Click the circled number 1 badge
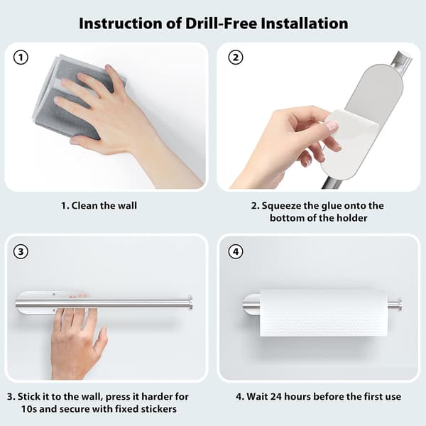click(x=21, y=58)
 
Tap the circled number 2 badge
click(x=236, y=58)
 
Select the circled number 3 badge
click(x=21, y=251)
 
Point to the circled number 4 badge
click(x=236, y=251)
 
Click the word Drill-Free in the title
click(x=221, y=23)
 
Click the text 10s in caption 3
click(x=29, y=409)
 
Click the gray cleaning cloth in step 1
click(x=76, y=98)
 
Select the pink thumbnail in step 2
click(x=333, y=126)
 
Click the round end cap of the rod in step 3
click(x=190, y=302)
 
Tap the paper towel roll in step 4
click(x=324, y=313)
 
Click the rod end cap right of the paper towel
click(x=399, y=305)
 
